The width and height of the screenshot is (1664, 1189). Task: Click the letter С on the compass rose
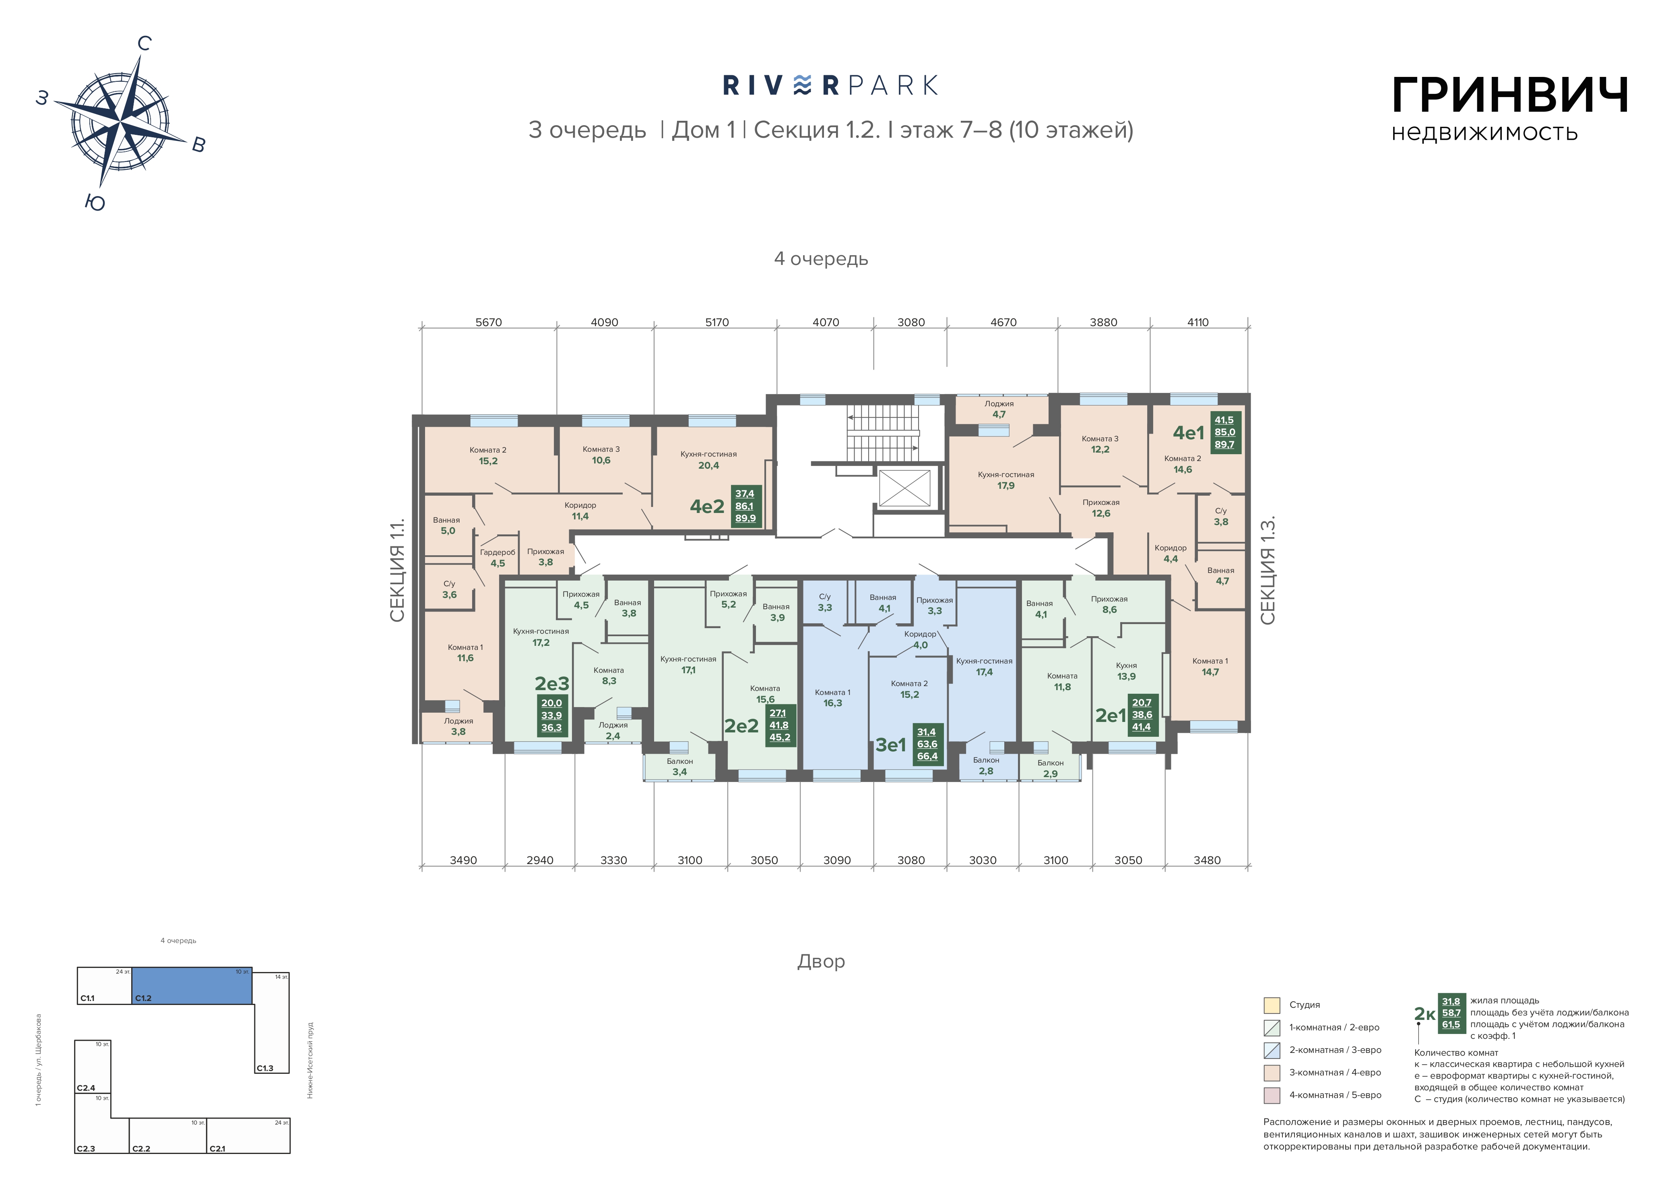tap(144, 44)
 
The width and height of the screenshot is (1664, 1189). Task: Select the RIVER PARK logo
tap(830, 86)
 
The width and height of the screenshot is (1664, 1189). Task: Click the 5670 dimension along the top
tap(489, 322)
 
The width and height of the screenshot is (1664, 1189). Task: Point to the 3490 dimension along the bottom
tap(463, 860)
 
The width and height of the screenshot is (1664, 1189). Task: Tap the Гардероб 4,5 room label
tap(498, 558)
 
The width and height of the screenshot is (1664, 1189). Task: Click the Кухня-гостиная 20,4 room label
tap(708, 460)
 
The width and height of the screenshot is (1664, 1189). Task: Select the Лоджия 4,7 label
tap(999, 409)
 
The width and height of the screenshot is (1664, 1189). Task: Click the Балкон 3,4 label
tap(680, 767)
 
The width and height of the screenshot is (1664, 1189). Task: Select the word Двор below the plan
tap(821, 961)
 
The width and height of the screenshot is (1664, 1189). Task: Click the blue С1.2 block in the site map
tap(192, 985)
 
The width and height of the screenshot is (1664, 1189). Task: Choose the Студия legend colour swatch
tap(1272, 1005)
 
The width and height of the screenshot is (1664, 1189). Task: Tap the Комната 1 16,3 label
tap(833, 698)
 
